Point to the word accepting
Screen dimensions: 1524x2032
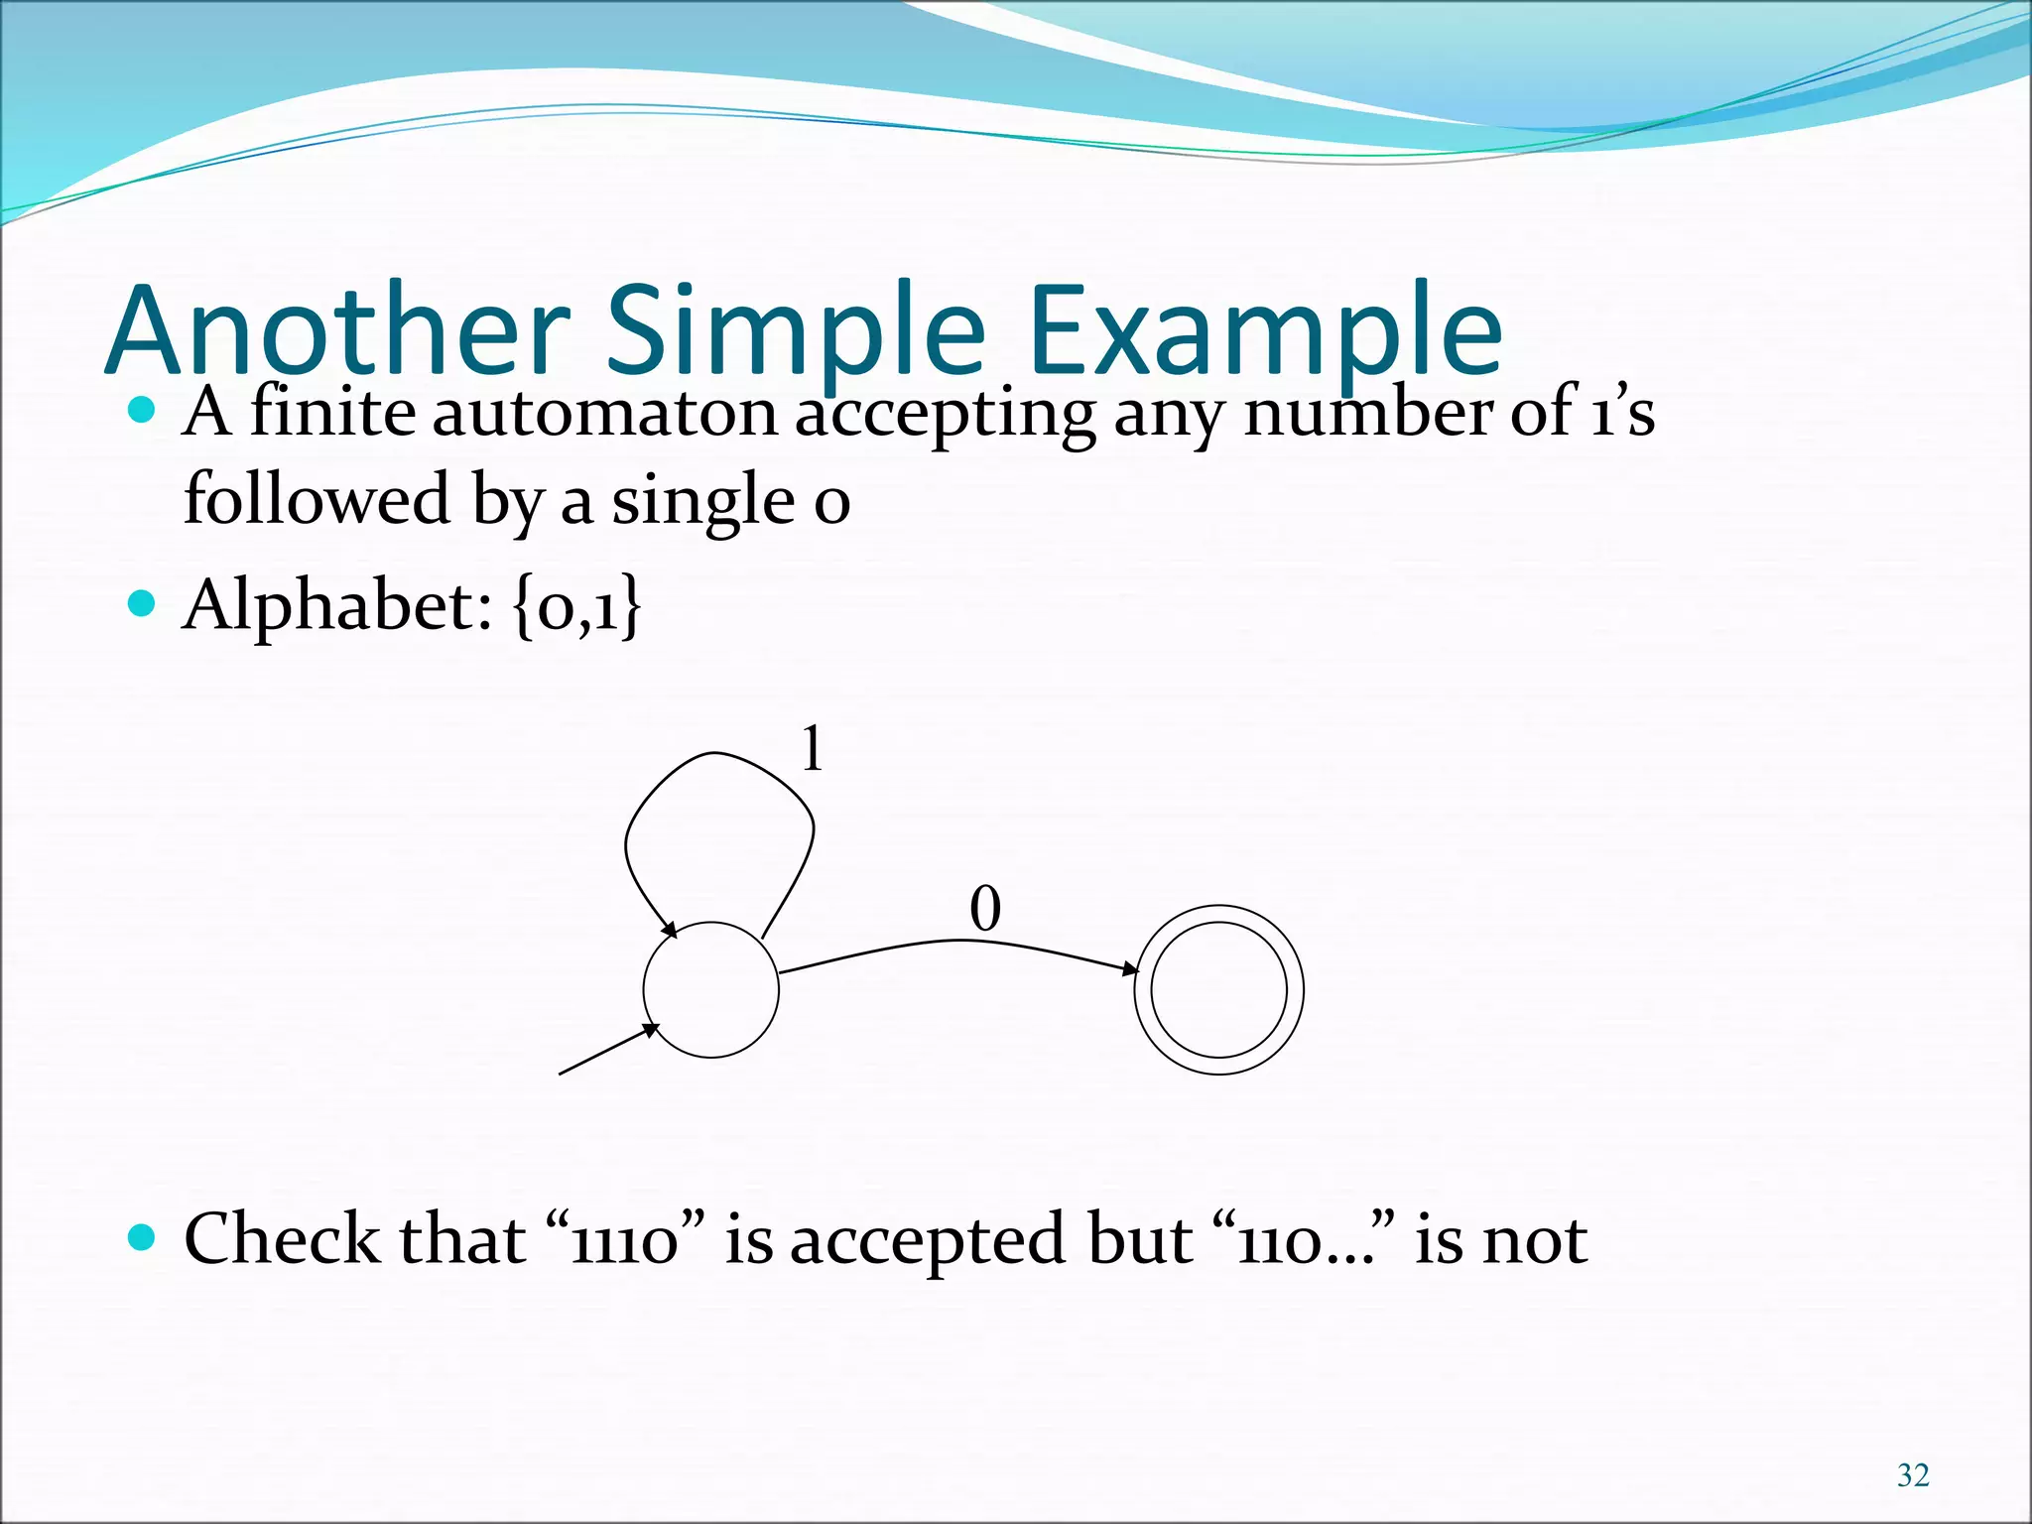click(945, 415)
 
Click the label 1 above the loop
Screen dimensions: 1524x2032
click(813, 748)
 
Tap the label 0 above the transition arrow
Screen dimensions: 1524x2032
click(985, 909)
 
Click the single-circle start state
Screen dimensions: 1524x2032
click(710, 990)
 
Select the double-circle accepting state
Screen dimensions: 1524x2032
click(1218, 989)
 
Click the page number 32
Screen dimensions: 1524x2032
click(1912, 1475)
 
